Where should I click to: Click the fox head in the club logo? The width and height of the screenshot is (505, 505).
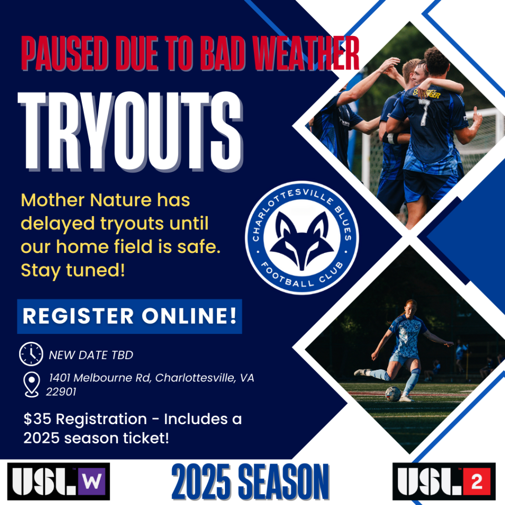[x=302, y=241]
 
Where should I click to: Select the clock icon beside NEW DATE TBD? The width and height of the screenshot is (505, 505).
[x=31, y=354]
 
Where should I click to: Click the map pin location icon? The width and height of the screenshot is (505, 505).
[x=32, y=385]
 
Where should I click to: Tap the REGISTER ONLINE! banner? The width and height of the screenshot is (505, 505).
[x=130, y=316]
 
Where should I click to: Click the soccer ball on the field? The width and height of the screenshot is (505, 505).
[x=393, y=394]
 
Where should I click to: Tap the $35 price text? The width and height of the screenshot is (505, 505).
[x=37, y=419]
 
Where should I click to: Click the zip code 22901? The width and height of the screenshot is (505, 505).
[x=61, y=392]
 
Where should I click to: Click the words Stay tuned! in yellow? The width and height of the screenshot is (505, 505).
[x=73, y=270]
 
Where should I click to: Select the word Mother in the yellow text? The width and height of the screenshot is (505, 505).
[x=53, y=200]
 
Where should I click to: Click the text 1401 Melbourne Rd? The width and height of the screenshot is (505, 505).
[x=100, y=378]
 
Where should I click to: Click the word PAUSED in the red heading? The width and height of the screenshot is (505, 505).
[x=65, y=53]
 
